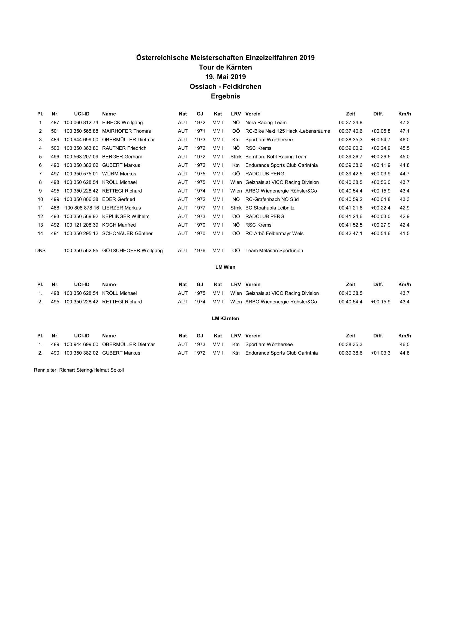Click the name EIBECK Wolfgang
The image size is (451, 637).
122,123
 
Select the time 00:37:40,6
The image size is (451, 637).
350,131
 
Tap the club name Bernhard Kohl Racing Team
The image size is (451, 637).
276,157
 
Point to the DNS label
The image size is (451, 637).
40,251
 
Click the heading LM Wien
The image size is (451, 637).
225,267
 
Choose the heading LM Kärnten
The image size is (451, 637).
225,319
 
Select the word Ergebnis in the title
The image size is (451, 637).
225,96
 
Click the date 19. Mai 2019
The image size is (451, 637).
225,77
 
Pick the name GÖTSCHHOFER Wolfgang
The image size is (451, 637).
132,251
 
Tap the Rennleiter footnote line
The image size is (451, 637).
79,370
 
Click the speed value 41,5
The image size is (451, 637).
404,234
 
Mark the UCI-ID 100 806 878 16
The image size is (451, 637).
82,208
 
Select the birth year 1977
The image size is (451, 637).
200,208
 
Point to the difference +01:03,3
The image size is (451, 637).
380,353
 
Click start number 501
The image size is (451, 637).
55,131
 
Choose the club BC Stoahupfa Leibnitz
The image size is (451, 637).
270,208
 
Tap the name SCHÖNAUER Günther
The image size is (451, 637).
127,234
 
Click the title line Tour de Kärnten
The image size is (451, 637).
225,68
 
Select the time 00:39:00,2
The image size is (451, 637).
350,148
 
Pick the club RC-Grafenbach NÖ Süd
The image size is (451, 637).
272,199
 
